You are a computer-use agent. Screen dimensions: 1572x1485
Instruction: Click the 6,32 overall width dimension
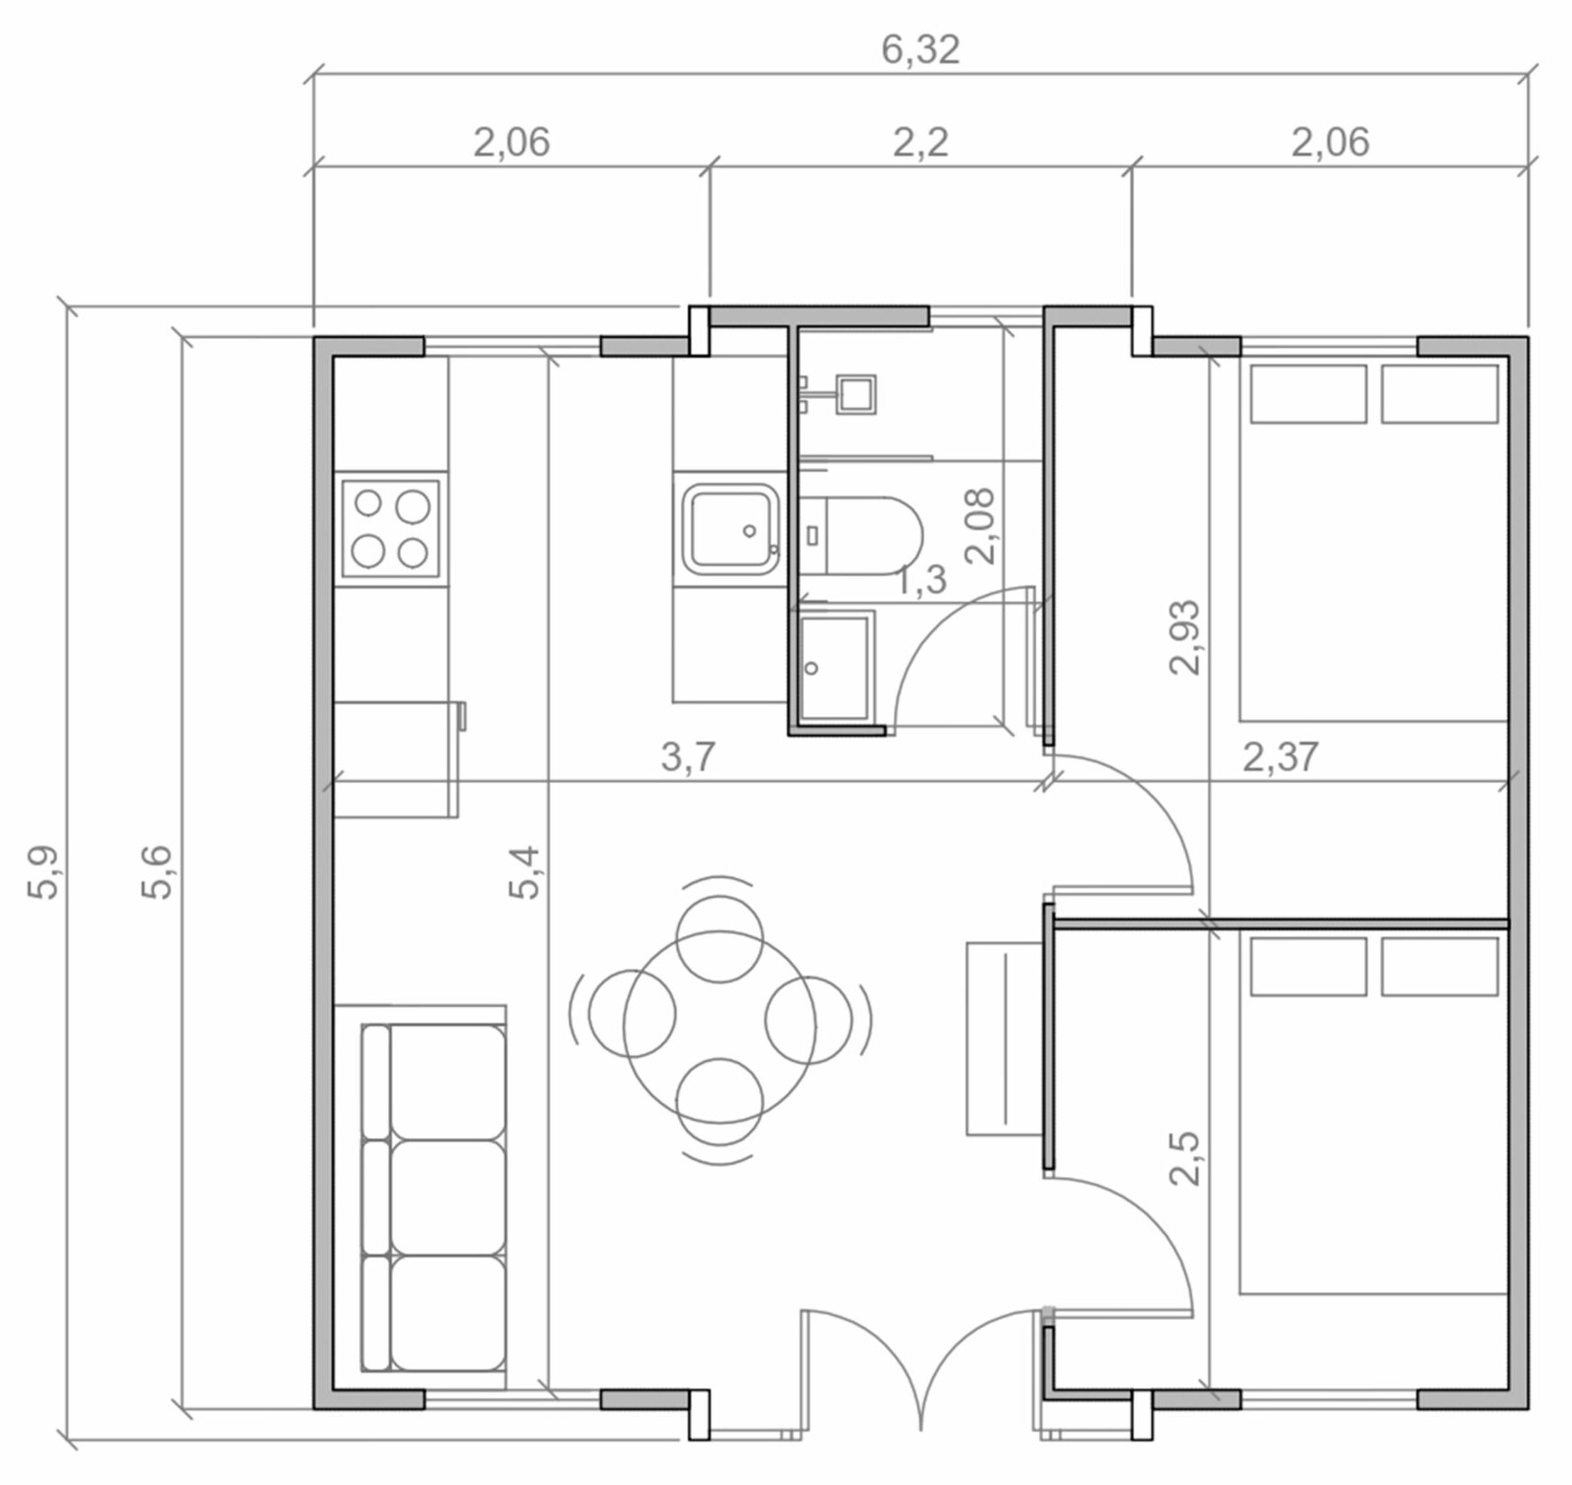coord(920,50)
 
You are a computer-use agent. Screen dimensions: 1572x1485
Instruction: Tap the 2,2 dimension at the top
coord(920,143)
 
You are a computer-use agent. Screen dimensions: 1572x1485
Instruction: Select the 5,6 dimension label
coord(156,872)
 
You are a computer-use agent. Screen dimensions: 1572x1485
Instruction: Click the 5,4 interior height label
coord(524,872)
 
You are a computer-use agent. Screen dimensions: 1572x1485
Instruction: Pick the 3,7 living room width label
coord(688,756)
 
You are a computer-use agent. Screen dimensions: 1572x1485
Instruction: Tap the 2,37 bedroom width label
coord(1280,756)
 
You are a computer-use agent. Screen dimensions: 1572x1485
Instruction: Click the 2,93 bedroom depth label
coord(1185,637)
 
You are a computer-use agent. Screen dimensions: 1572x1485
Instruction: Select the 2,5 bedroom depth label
coord(1185,1159)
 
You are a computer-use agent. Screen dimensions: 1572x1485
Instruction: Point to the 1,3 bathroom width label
coord(921,580)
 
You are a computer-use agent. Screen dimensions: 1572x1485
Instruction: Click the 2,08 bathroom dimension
coord(981,526)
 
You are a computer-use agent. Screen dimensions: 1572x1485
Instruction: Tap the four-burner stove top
coord(391,528)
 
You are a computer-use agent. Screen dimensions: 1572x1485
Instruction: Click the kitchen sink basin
coord(731,528)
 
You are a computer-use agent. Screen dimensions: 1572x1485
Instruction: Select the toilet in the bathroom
coord(861,535)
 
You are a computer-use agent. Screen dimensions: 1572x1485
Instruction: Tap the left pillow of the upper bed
coord(1308,394)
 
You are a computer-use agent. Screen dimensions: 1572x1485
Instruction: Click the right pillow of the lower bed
coord(1439,966)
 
